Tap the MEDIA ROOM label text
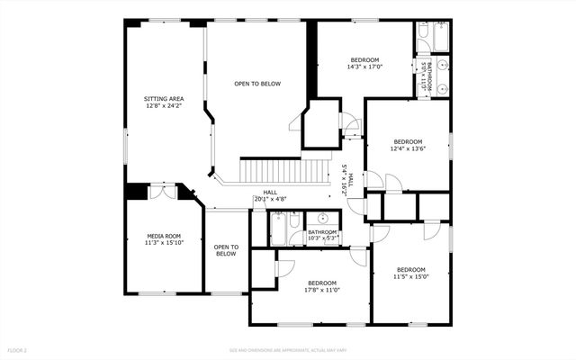tap(164, 236)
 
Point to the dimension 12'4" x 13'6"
tap(408, 149)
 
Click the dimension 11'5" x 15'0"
tap(411, 277)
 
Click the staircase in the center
tap(284, 171)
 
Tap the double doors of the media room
tap(163, 191)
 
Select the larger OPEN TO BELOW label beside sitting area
tap(257, 84)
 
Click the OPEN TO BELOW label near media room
tap(226, 250)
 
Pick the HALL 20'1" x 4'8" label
tap(270, 195)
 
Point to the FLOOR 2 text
tap(18, 349)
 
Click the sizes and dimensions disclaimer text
tap(288, 349)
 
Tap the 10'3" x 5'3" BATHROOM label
tap(321, 235)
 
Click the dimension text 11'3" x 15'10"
tap(164, 243)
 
